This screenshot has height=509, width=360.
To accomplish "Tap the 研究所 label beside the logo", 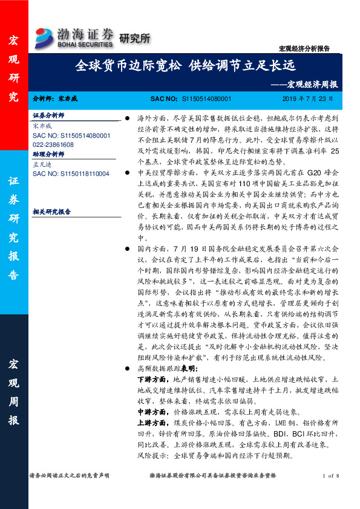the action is [134, 38].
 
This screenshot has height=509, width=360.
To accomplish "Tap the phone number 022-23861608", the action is [53, 145].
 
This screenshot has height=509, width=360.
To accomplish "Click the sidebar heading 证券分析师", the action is [48, 115].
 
